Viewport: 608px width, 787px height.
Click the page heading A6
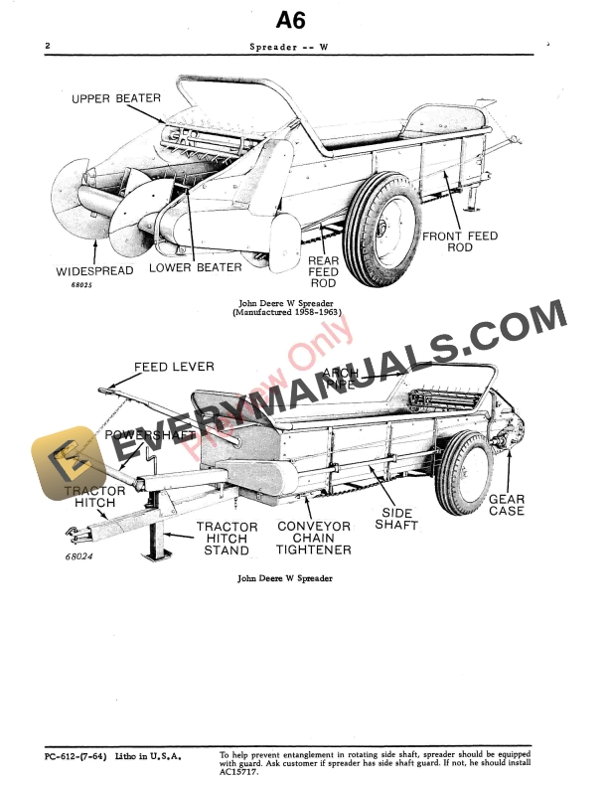[x=303, y=19]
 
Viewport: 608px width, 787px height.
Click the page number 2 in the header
[x=49, y=47]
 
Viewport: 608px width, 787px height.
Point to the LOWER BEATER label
[x=196, y=267]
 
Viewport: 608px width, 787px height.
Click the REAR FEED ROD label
[x=324, y=272]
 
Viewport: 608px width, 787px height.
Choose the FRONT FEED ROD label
[x=460, y=241]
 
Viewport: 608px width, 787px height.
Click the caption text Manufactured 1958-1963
[x=287, y=312]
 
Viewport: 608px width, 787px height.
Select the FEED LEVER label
[x=174, y=367]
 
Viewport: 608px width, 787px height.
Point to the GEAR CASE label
[x=507, y=505]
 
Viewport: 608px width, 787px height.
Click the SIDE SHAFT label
[x=396, y=519]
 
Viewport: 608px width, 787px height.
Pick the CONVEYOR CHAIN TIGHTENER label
[x=314, y=538]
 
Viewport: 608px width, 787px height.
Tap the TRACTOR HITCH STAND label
[x=227, y=538]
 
